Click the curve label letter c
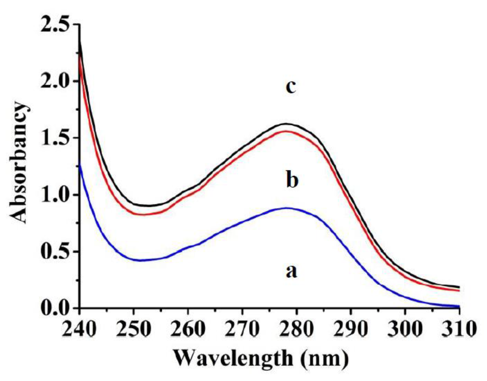click(x=291, y=86)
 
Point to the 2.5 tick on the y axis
click(x=56, y=24)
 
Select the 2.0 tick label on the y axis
click(x=56, y=81)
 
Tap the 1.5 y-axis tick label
click(x=56, y=138)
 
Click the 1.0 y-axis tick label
click(x=56, y=195)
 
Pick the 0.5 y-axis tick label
click(x=56, y=251)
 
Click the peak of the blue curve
click(x=287, y=208)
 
